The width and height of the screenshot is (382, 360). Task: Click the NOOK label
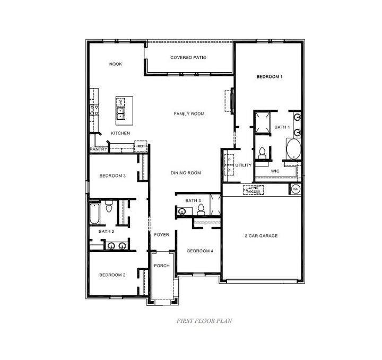[x=116, y=64]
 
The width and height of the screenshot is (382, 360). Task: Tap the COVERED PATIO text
[x=188, y=57]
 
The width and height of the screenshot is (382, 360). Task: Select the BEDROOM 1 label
[x=270, y=77]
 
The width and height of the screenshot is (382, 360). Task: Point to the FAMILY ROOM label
[x=189, y=113]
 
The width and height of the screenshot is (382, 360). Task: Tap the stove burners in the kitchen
[x=94, y=110]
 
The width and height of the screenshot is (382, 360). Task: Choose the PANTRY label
[x=99, y=150]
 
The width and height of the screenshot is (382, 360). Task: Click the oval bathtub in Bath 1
[x=293, y=148]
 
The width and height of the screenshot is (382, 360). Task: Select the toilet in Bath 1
[x=262, y=153]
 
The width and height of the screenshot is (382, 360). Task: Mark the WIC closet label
[x=275, y=171]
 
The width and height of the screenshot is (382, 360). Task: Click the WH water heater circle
[x=296, y=189]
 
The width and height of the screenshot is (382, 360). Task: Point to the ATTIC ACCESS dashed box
[x=253, y=189]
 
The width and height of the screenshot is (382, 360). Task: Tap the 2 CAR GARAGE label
[x=261, y=235]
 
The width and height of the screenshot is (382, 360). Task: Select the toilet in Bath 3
[x=201, y=210]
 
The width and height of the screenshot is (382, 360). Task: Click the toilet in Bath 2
[x=108, y=207]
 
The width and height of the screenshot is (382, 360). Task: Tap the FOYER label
[x=161, y=234]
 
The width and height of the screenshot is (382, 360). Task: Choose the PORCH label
[x=161, y=266]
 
